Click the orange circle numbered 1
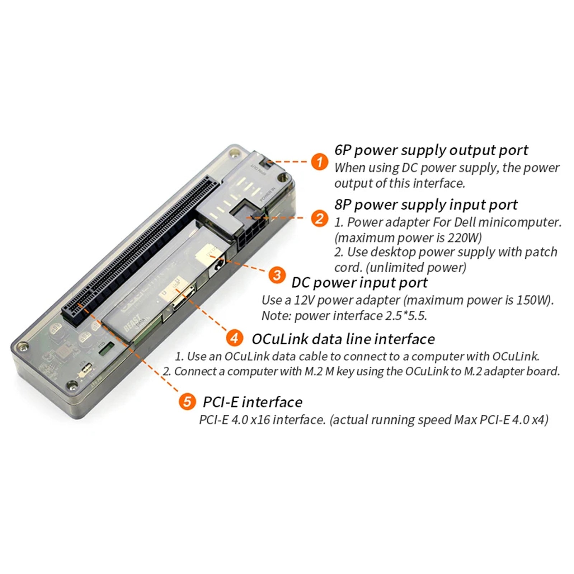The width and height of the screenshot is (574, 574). pyautogui.click(x=319, y=161)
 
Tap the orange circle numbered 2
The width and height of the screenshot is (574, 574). pyautogui.click(x=319, y=218)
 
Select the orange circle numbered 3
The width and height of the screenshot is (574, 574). pyautogui.click(x=277, y=275)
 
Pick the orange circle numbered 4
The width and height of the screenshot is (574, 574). pyautogui.click(x=234, y=338)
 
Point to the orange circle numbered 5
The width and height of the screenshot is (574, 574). pyautogui.click(x=187, y=401)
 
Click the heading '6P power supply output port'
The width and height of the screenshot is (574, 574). pyautogui.click(x=431, y=150)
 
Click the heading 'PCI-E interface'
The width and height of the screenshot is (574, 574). pyautogui.click(x=253, y=402)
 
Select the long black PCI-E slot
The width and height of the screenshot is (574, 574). pyautogui.click(x=140, y=251)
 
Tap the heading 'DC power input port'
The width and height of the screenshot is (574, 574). pyautogui.click(x=359, y=282)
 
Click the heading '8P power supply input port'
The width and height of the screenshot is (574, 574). pyautogui.click(x=426, y=205)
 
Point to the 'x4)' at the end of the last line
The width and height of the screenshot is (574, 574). pyautogui.click(x=540, y=419)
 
